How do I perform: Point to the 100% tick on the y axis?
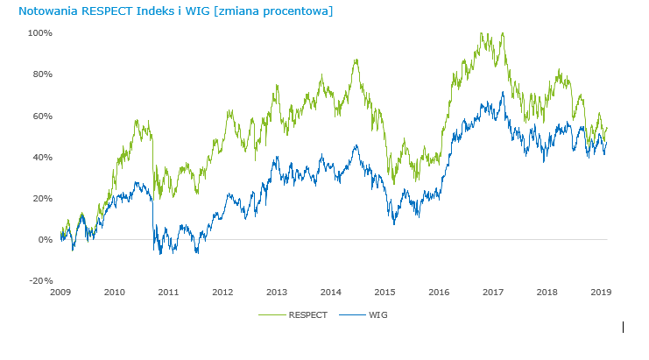40,32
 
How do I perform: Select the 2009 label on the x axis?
60,292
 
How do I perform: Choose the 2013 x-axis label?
277,292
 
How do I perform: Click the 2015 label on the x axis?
384,292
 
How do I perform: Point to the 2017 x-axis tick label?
493,292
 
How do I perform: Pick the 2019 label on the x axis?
601,292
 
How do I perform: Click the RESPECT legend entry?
309,314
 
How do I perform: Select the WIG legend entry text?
378,314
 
